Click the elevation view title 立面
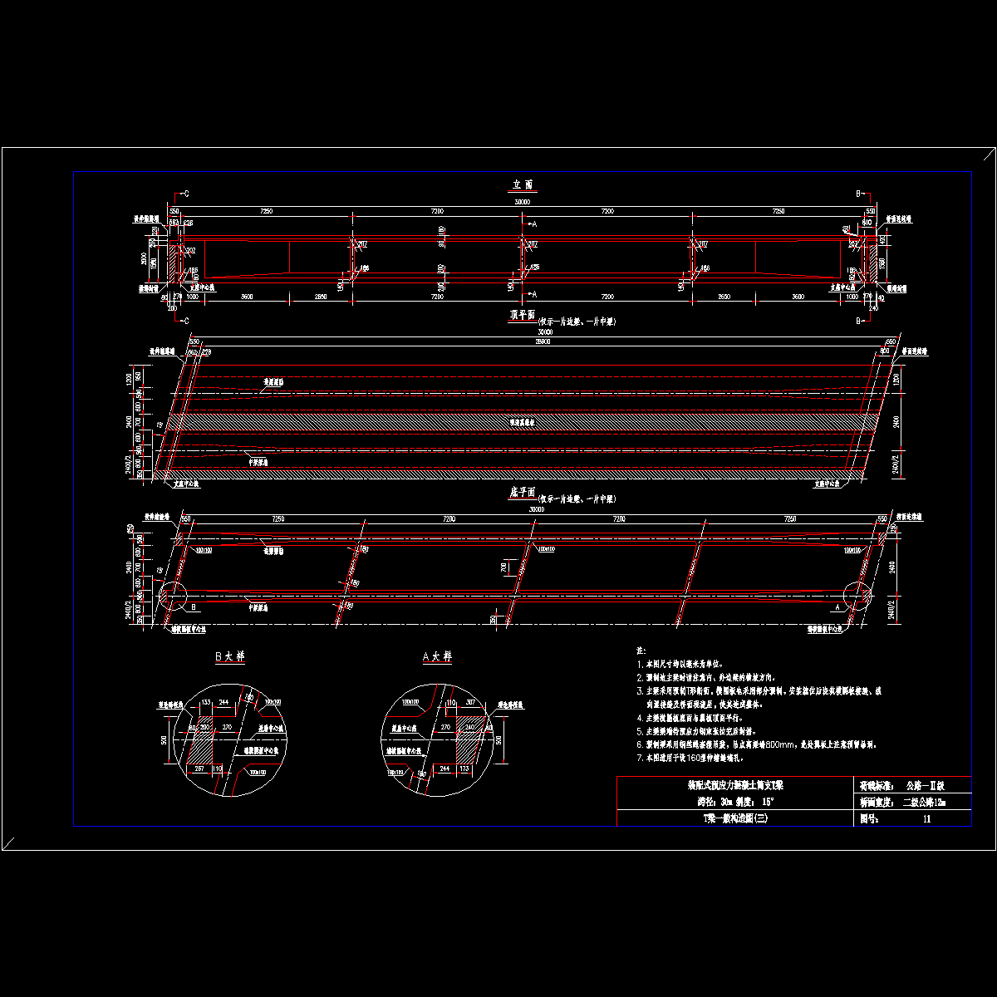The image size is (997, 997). [x=522, y=184]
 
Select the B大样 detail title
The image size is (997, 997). [x=230, y=656]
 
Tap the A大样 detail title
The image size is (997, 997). [x=438, y=656]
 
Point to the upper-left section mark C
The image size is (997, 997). [x=185, y=194]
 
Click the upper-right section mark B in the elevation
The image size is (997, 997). [x=858, y=194]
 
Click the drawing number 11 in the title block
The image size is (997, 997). [x=927, y=818]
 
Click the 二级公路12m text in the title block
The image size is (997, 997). [x=924, y=802]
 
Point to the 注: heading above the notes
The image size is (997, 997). [x=641, y=650]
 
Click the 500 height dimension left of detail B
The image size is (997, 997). [x=165, y=739]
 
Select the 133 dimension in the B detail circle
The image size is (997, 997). [x=207, y=703]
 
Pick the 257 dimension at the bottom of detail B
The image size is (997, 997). [x=199, y=769]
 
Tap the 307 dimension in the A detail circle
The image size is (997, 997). [x=471, y=703]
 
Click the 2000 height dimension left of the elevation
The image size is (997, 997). [x=144, y=258]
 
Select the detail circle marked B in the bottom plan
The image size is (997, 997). [x=172, y=596]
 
